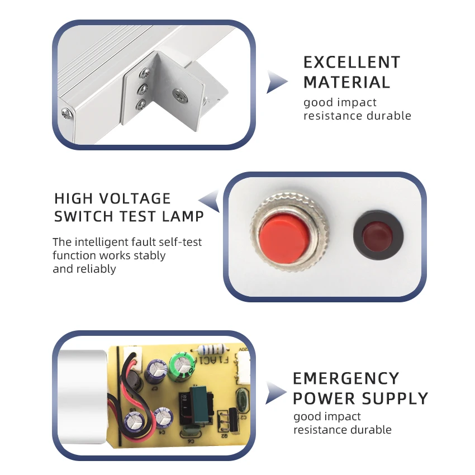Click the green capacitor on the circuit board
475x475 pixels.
[183, 364]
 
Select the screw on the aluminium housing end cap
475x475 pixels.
[67, 113]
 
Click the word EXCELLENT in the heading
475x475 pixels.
[351, 62]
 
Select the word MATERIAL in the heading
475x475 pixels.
[346, 82]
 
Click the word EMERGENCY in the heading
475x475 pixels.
[346, 378]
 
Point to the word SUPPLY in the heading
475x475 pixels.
[395, 398]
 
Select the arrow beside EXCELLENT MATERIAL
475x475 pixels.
[276, 82]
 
